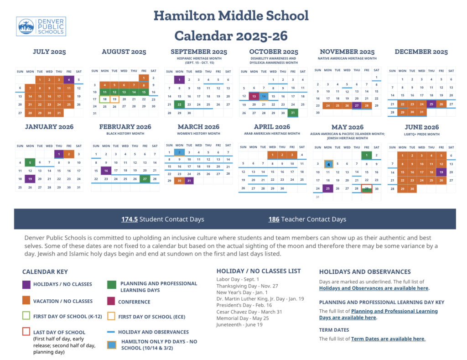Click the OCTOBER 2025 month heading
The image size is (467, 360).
pos(274,52)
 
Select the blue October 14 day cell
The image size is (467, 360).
pos(264,96)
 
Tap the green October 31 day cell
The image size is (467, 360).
pos(292,113)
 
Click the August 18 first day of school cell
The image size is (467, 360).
pos(104,99)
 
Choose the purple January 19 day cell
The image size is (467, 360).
pos(30,178)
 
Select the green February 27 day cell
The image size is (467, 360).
pos(145,178)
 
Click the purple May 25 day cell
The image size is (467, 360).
pos(327,188)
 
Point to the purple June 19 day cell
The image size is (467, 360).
pos(441,172)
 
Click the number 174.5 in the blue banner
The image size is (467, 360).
pos(129,219)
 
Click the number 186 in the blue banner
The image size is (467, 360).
pos(274,219)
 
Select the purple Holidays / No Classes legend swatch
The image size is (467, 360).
pos(26,284)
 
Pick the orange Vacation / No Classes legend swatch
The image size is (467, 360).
pos(26,301)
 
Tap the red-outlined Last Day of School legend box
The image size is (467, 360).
pos(26,332)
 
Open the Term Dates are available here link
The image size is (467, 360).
pos(388,339)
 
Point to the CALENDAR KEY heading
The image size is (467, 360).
pos(45,271)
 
